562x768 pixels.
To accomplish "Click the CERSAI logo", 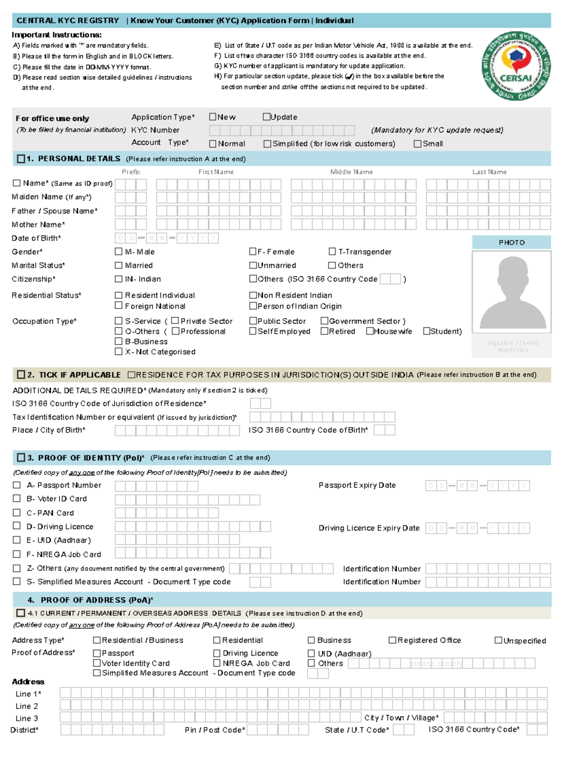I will point(516,66).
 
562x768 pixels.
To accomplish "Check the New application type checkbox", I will point(213,117).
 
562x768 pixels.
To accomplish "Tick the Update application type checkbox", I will point(266,117).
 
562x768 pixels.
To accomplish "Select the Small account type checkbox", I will point(417,144).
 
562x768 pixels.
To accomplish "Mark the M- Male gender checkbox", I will point(118,252).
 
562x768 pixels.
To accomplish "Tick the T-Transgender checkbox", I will point(332,252).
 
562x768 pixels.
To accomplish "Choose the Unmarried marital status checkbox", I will point(253,265).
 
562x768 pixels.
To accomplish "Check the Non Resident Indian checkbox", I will point(253,295).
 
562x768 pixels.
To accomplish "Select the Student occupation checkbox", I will point(426,331).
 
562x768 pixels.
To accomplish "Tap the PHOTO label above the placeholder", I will point(511,242).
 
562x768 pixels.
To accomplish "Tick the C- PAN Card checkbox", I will point(17,512).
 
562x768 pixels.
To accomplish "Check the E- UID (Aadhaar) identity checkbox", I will point(17,540).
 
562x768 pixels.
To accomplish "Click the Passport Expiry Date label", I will point(357,485).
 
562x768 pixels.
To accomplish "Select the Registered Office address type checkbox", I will point(392,640).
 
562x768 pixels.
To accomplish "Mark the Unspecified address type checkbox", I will point(498,640).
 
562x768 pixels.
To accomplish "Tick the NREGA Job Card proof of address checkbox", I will point(217,663).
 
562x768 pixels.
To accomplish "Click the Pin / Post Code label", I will point(214,730).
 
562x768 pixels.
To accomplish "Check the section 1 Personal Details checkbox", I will point(21,159).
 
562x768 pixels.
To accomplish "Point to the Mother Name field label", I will point(38,225).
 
